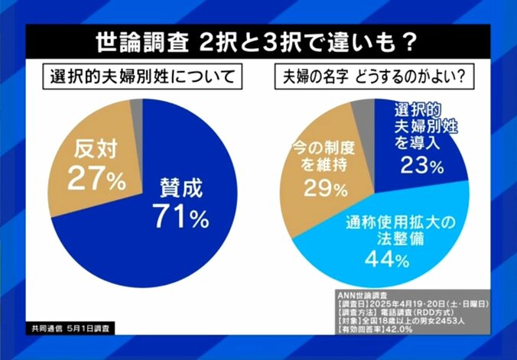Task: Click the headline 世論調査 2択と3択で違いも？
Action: pyautogui.click(x=259, y=41)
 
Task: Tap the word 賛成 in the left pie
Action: pyautogui.click(x=180, y=187)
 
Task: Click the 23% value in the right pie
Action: pyautogui.click(x=419, y=165)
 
